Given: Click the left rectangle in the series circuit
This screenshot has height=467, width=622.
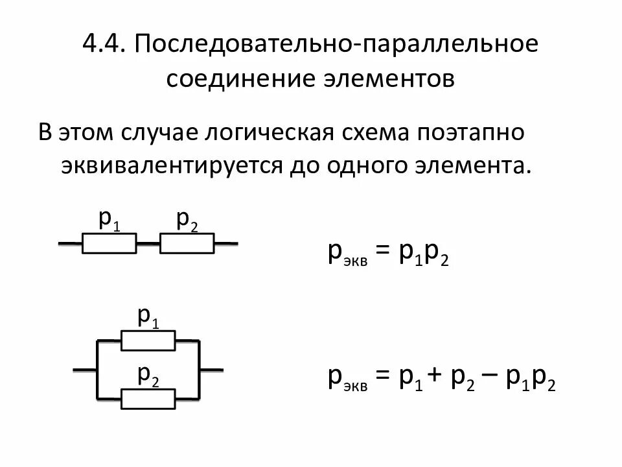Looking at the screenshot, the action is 109,244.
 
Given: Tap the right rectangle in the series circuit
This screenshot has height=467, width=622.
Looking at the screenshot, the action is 187,244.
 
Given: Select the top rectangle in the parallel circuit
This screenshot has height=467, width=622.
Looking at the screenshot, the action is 148,339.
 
